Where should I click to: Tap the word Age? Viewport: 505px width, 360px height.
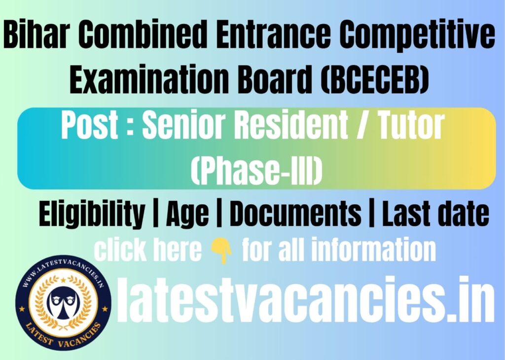click(187, 215)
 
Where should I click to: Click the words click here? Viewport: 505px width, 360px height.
click(148, 251)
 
